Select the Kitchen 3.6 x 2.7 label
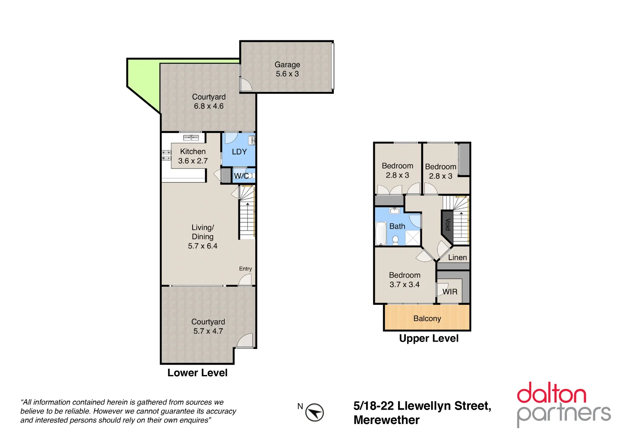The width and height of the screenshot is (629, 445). [x=193, y=156]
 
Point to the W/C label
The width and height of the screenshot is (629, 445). [x=241, y=176]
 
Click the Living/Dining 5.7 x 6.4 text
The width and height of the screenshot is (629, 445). [x=203, y=237]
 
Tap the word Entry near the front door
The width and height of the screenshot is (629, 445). [x=245, y=269]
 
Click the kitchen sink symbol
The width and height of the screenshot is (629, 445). [x=191, y=138]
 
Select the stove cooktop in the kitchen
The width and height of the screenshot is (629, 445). [x=166, y=155]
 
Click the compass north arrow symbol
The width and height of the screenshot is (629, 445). [x=314, y=412]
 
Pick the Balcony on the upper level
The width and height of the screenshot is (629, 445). [x=427, y=318]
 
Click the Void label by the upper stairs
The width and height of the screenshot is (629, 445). [x=447, y=225]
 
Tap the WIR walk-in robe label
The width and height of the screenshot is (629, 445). [x=450, y=292]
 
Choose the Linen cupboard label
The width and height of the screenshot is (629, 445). [x=457, y=258]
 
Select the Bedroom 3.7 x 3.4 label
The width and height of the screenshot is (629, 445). [x=404, y=280]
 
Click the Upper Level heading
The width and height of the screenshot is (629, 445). [x=429, y=338]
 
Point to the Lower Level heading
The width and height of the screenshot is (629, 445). [x=197, y=372]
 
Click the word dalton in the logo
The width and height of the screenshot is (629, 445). [x=551, y=393]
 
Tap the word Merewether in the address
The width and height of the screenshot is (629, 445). [x=386, y=420]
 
